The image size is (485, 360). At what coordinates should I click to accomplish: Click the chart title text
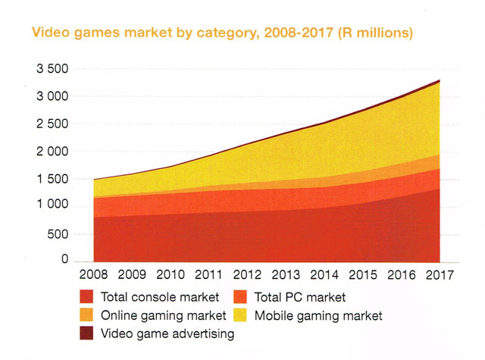pos(219,33)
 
